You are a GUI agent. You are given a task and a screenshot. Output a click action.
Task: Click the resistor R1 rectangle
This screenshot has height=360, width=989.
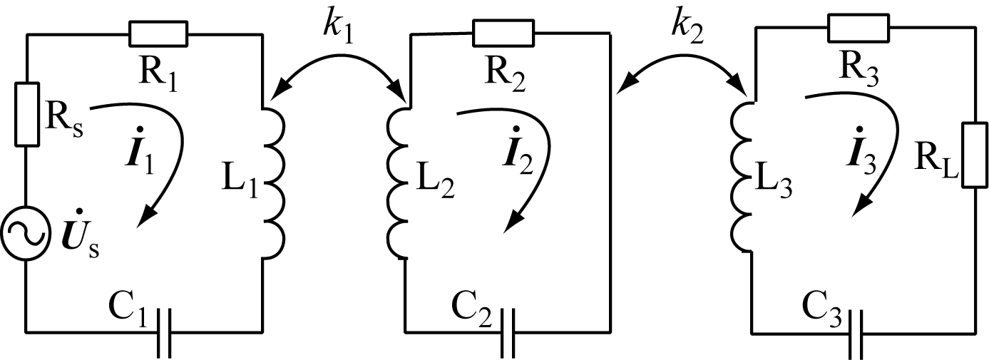point(158,33)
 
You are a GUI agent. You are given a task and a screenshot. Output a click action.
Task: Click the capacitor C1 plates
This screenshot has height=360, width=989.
point(163,332)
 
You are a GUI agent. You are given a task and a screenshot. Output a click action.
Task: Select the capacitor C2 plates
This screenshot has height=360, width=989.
point(508,332)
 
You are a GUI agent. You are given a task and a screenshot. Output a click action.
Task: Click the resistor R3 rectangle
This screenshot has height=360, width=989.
point(858,28)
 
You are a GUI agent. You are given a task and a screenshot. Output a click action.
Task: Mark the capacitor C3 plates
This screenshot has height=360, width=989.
point(856,333)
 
